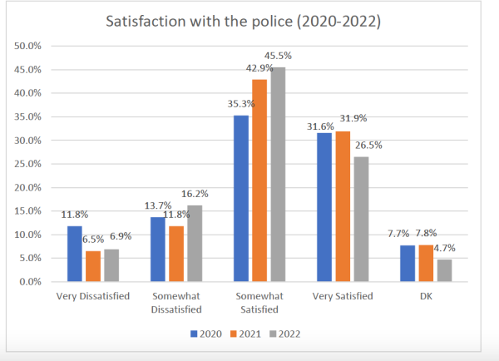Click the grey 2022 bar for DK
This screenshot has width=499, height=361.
[443, 270]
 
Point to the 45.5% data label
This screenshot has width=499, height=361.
[279, 55]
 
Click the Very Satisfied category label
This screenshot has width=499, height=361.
[342, 295]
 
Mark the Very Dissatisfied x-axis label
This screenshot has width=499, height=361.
[93, 295]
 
